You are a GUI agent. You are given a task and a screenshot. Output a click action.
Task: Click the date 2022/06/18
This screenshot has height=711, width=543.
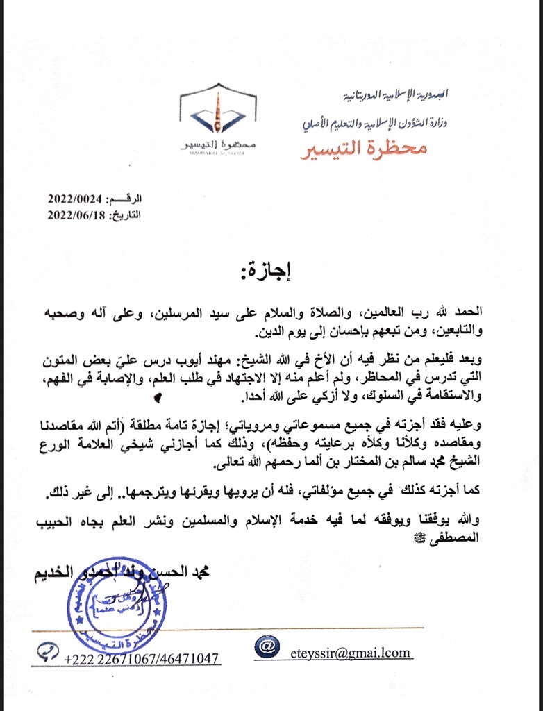(x=74, y=215)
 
